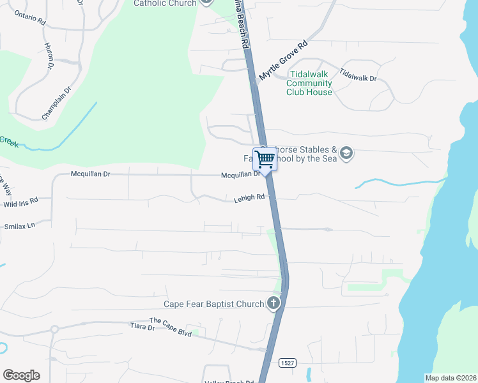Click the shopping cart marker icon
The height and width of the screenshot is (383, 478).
[265, 158]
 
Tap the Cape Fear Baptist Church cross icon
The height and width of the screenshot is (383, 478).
[274, 303]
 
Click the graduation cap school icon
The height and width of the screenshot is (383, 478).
[346, 153]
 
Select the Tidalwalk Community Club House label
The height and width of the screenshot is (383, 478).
[309, 84]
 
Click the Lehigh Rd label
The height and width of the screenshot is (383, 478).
[248, 198]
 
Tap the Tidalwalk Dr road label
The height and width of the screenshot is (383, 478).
[358, 74]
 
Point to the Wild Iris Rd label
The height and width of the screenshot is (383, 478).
[20, 202]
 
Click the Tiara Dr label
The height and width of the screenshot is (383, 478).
[143, 327]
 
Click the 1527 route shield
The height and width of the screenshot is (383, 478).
[288, 363]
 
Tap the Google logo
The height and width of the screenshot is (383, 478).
[21, 375]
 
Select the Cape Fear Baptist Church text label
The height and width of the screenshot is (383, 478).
[213, 304]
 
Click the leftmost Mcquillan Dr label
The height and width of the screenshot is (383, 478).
[90, 174]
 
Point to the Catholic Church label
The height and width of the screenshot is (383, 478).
[165, 3]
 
